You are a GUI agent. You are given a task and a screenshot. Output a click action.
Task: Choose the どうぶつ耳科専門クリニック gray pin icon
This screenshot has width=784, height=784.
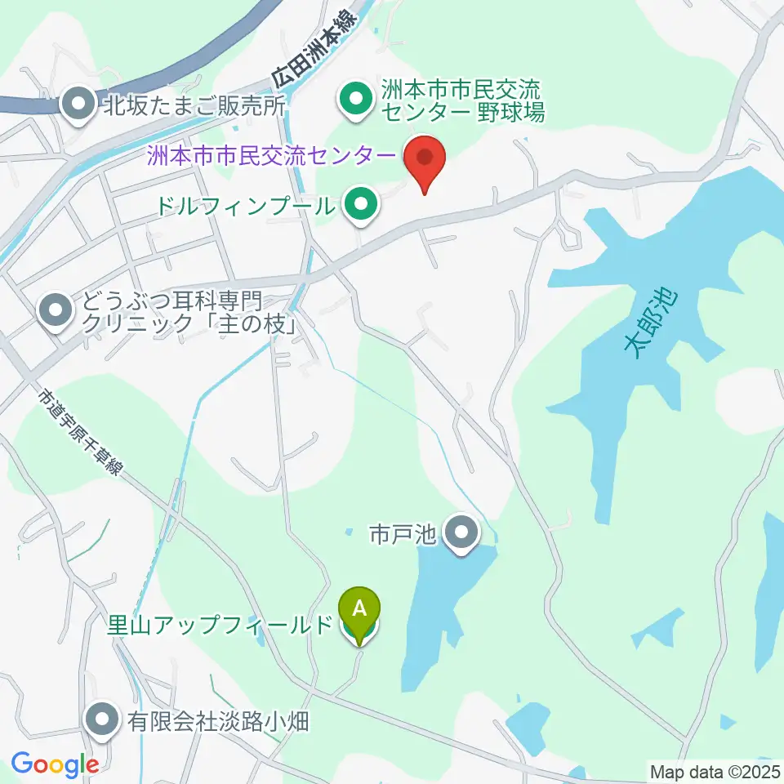(56, 311)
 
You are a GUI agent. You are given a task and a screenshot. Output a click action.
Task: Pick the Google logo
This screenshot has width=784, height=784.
(55, 764)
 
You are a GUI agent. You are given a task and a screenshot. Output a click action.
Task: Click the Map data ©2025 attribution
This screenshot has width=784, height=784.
(714, 771)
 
